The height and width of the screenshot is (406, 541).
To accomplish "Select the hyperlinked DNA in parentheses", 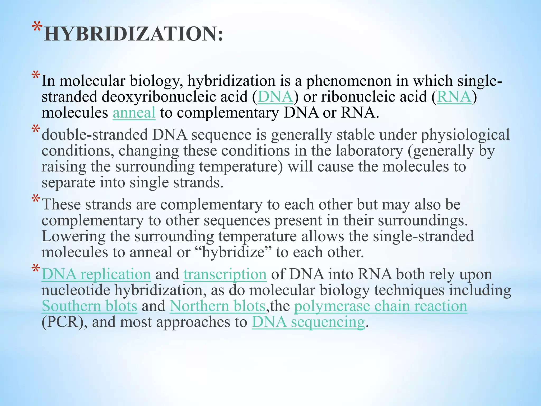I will click(275, 97).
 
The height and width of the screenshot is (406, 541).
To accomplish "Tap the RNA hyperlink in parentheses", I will click(454, 97).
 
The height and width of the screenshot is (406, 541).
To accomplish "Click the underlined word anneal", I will click(134, 113).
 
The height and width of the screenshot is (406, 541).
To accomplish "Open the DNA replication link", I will click(96, 274).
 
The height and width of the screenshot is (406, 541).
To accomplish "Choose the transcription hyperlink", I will click(225, 274).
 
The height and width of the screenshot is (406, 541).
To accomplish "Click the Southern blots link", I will click(89, 306).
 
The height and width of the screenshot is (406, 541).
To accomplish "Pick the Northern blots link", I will click(217, 306).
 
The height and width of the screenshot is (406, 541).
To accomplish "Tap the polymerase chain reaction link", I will click(380, 306).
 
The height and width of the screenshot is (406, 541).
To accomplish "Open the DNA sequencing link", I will click(308, 322).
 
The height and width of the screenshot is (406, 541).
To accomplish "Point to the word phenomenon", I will click(348, 81).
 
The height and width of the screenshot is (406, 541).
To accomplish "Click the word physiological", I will click(465, 135).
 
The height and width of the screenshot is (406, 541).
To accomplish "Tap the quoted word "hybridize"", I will click(234, 252).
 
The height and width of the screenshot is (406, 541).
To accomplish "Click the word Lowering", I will click(73, 237).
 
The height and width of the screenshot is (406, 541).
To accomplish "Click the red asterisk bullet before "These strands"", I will click(36, 200).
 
